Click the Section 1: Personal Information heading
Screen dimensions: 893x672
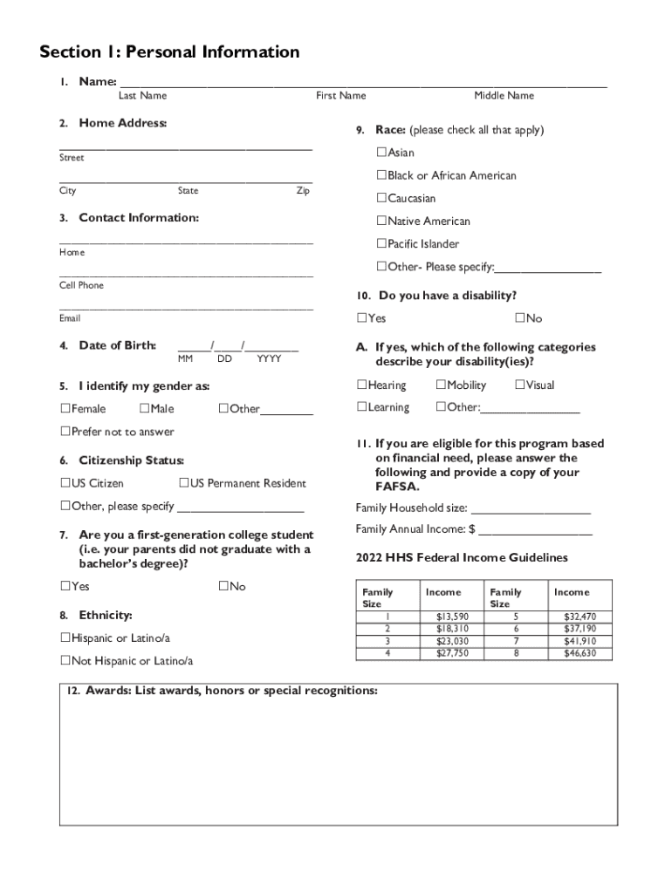(x=169, y=52)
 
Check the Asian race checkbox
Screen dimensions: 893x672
(x=381, y=153)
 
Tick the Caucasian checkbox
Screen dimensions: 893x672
(x=381, y=198)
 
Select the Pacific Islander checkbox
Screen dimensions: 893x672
(x=381, y=243)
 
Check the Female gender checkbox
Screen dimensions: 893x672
(x=65, y=408)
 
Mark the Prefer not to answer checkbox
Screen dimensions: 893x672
(x=65, y=432)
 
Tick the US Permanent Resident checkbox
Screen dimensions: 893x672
(x=184, y=483)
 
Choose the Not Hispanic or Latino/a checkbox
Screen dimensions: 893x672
(x=65, y=660)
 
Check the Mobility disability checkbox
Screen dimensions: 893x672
(x=441, y=385)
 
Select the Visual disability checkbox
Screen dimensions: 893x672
(x=519, y=385)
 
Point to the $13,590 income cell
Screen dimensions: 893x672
(x=452, y=617)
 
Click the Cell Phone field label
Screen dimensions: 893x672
(x=81, y=285)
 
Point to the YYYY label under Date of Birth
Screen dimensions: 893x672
(x=269, y=358)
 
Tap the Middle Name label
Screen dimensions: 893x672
(x=504, y=95)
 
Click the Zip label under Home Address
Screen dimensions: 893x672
(x=303, y=190)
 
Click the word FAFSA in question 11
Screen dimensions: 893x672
(x=397, y=487)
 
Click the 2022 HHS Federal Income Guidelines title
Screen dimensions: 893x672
(x=462, y=557)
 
